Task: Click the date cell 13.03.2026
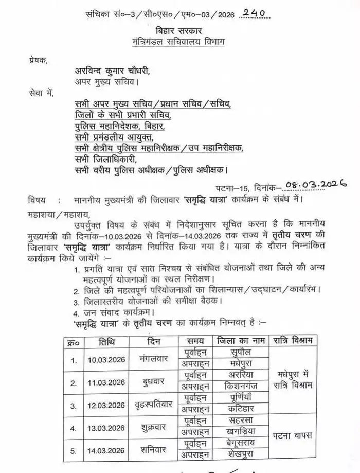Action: [105, 428]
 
